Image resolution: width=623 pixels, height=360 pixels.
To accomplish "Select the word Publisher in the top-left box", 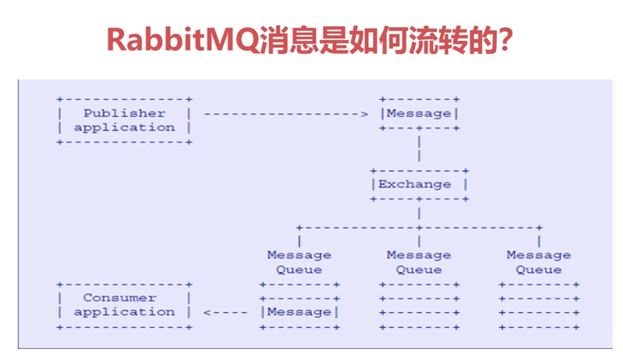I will (x=124, y=113).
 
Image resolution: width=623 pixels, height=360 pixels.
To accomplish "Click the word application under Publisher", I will (x=124, y=127).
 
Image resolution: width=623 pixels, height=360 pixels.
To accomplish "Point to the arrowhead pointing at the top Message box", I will (x=365, y=114).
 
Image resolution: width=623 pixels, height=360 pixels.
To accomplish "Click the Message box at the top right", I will (x=419, y=114).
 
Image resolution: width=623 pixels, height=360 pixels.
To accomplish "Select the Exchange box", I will (x=419, y=184).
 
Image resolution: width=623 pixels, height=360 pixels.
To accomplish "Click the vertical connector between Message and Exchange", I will (x=419, y=148).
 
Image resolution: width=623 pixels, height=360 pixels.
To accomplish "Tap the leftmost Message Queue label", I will (x=299, y=262).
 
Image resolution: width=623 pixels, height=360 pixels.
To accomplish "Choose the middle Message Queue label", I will (x=419, y=262).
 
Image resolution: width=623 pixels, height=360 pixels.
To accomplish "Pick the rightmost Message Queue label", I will (x=539, y=262).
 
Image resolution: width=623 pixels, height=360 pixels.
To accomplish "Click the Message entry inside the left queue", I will (x=299, y=312).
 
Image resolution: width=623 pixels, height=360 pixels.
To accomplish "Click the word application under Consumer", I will (x=124, y=312).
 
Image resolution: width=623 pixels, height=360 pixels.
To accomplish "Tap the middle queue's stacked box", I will (x=419, y=306).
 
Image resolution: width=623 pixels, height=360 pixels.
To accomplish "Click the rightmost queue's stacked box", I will (x=539, y=306).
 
